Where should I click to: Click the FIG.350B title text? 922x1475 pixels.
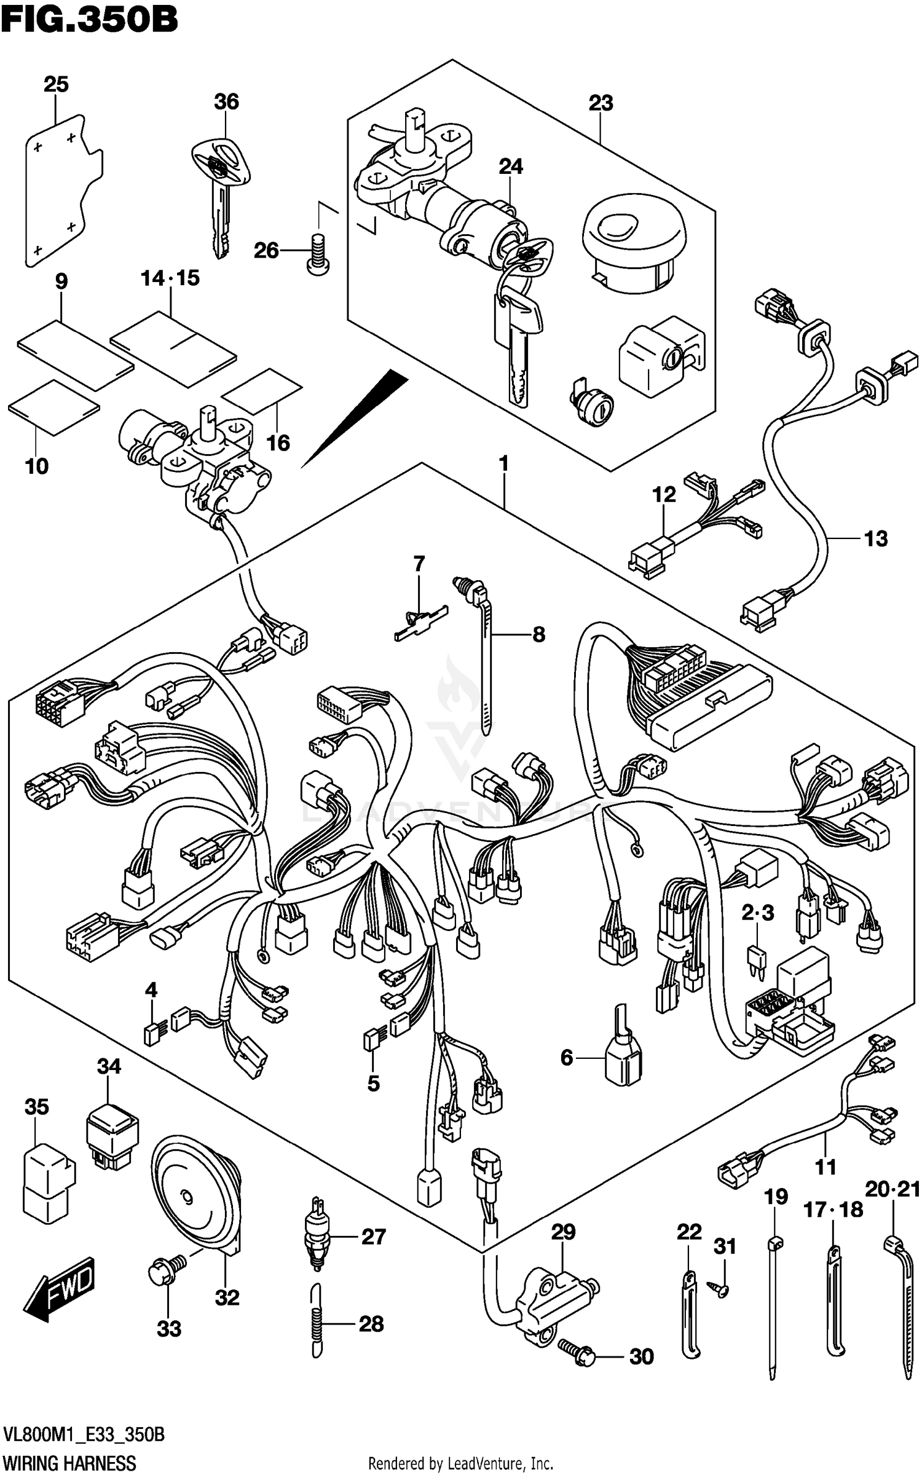(89, 20)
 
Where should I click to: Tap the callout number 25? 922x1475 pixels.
(56, 84)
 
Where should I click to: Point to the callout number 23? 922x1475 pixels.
(601, 103)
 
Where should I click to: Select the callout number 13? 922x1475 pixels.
(876, 539)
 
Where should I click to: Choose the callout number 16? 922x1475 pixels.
(278, 442)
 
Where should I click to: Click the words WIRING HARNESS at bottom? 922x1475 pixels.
(69, 1463)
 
